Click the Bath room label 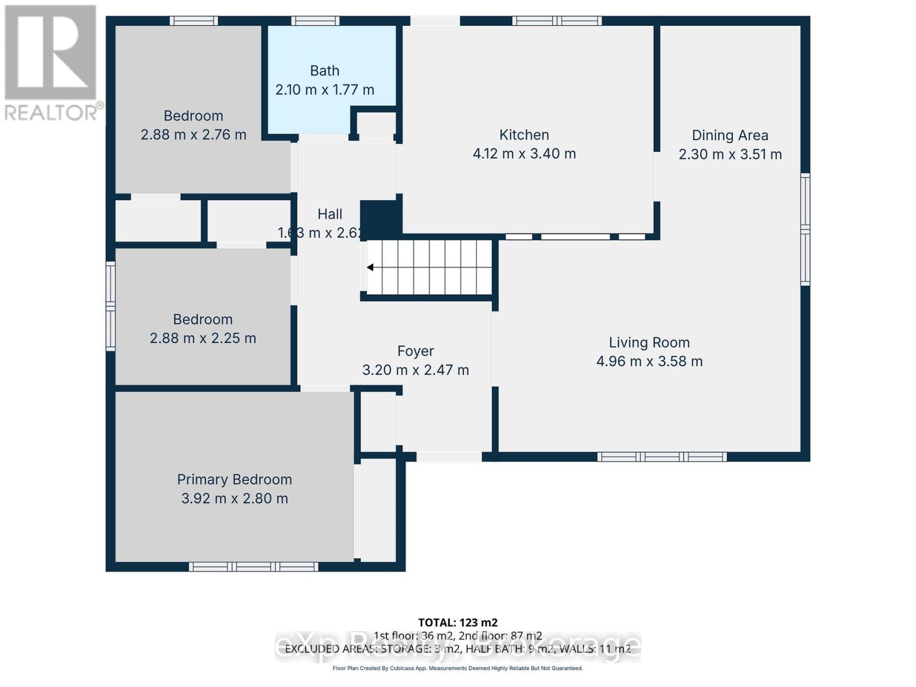coord(325,70)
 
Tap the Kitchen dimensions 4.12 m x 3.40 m coord(524,153)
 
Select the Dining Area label coord(730,135)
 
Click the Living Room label coord(649,342)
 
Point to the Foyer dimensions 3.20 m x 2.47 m coord(416,370)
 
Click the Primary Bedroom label coord(234,479)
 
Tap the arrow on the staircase coord(371,267)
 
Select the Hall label coord(330,214)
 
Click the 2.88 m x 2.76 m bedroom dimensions coord(194,135)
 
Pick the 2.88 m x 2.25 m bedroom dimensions coord(203,338)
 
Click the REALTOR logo coord(52,63)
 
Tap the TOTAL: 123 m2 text coord(457,622)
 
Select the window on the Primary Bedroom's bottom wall coord(254,567)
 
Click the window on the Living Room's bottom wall coord(662,457)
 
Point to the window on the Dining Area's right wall coord(805,229)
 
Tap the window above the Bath coord(315,21)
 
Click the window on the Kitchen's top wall coord(556,21)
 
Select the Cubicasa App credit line coord(457,668)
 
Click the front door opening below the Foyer coord(449,457)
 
